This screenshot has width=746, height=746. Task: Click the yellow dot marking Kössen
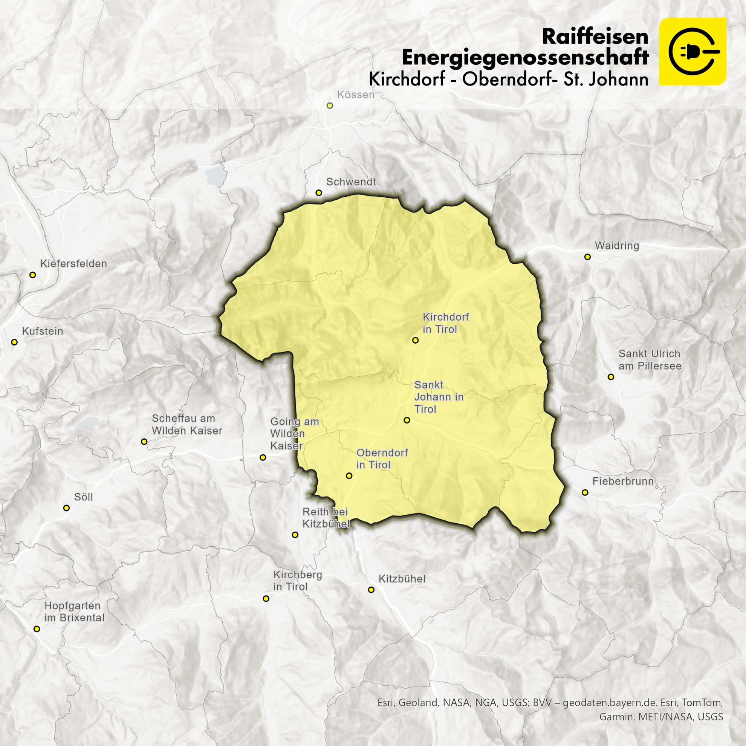329,105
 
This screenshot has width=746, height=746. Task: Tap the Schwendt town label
351,182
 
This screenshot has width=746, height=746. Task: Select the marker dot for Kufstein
15,342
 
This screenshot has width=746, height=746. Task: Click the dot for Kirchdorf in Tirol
415,340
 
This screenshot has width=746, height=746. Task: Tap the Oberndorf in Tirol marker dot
349,476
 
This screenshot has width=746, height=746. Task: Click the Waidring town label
617,246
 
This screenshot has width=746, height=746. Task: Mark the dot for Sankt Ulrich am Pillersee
610,377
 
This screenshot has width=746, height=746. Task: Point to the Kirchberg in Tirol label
297,580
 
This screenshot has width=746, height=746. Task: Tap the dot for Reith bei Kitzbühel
295,535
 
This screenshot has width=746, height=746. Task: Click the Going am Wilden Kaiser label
294,433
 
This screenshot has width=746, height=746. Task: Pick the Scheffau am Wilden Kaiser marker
144,441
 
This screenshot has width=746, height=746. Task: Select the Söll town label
83,497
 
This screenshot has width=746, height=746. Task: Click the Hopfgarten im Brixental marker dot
37,629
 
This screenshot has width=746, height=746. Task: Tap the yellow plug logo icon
692,51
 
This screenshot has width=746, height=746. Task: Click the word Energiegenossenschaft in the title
525,57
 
